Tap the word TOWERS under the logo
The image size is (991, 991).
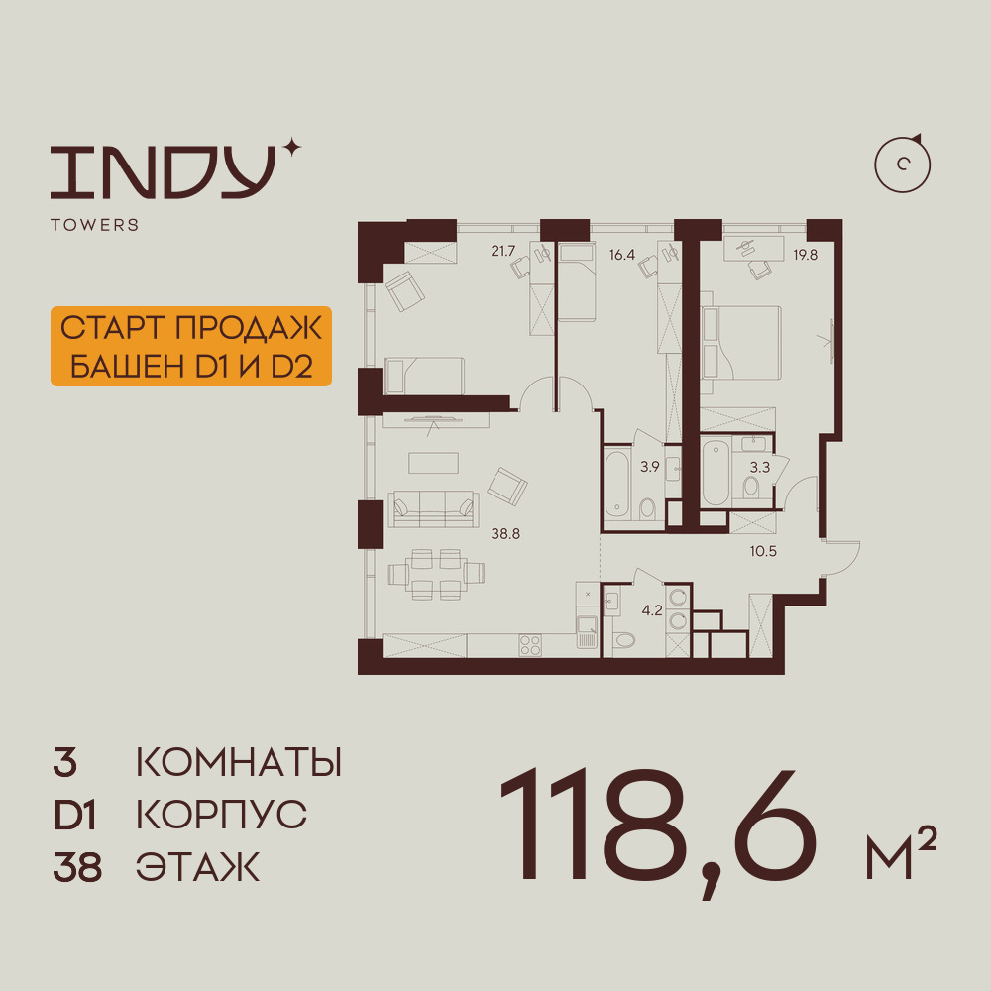pyautogui.click(x=95, y=225)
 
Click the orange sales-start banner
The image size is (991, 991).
pyautogui.click(x=191, y=346)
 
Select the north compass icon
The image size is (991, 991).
pyautogui.click(x=903, y=165)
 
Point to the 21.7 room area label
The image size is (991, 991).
pyautogui.click(x=503, y=251)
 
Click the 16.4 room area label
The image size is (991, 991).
pyautogui.click(x=622, y=256)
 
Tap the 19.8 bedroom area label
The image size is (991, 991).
pyautogui.click(x=805, y=256)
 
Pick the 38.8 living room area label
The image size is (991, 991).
pyautogui.click(x=505, y=534)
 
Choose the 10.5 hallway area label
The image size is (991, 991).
pyautogui.click(x=763, y=551)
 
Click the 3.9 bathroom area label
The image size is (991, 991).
pyautogui.click(x=650, y=467)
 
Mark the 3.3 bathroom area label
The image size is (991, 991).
pyautogui.click(x=760, y=467)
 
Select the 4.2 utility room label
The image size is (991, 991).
pyautogui.click(x=652, y=610)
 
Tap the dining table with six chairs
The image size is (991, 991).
pyautogui.click(x=436, y=574)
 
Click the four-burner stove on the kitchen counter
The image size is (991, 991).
pyautogui.click(x=529, y=645)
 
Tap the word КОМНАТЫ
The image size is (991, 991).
pyautogui.click(x=239, y=762)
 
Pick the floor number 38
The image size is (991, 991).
pyautogui.click(x=77, y=867)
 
